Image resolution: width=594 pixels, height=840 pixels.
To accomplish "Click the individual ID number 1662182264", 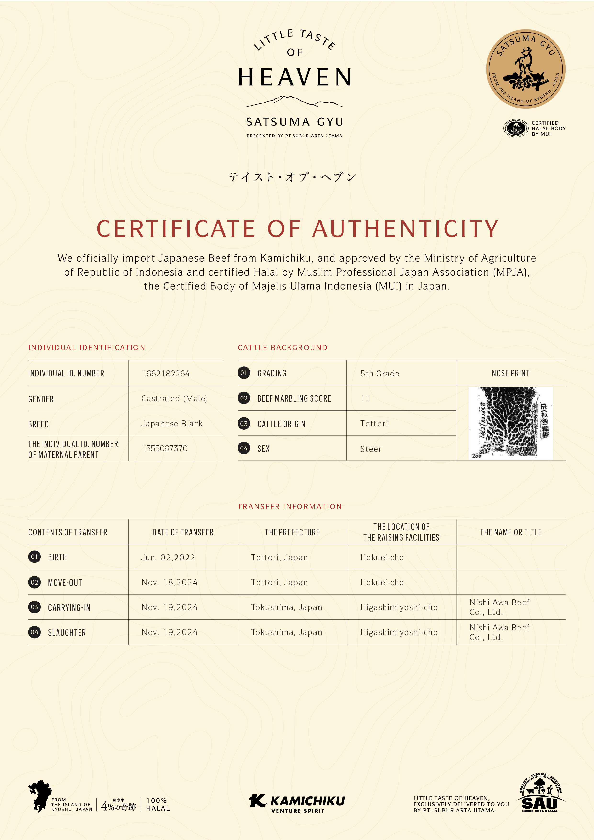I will pyautogui.click(x=166, y=374).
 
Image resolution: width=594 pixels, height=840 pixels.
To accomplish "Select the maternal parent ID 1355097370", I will pyautogui.click(x=164, y=448).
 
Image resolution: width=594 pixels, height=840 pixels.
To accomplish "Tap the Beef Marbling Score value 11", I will pyautogui.click(x=365, y=398).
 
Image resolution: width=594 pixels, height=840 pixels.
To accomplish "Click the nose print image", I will pyautogui.click(x=511, y=423).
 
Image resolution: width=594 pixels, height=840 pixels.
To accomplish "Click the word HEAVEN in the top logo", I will pyautogui.click(x=295, y=78).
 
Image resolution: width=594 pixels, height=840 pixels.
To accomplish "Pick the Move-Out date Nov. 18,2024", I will pyautogui.click(x=169, y=582).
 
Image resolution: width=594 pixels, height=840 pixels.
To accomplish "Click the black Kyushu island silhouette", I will pyautogui.click(x=40, y=796).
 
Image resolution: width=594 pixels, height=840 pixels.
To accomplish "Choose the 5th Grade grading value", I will pyautogui.click(x=380, y=374).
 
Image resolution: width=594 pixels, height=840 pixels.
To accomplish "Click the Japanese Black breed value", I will pyautogui.click(x=172, y=424).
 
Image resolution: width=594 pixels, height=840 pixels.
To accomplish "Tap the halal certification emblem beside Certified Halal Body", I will pyautogui.click(x=516, y=128).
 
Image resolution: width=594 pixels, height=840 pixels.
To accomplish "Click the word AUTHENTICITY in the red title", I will pyautogui.click(x=405, y=229).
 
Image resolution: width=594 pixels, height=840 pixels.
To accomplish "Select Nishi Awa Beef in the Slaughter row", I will pyautogui.click(x=499, y=628).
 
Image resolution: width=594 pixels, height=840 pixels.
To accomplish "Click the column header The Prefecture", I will pyautogui.click(x=292, y=532).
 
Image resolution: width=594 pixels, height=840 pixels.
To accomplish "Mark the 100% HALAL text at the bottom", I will pyautogui.click(x=158, y=805).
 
